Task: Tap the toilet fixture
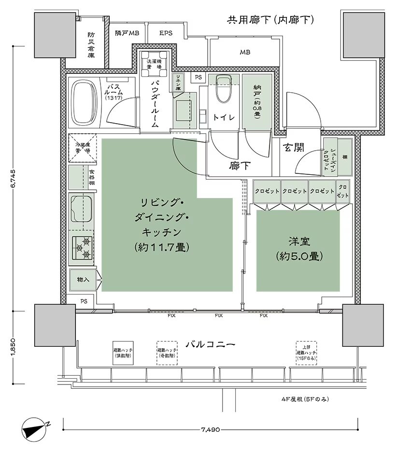[223, 89]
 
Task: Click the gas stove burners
[82, 248]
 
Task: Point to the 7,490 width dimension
[211, 428]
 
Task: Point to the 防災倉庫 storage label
[91, 45]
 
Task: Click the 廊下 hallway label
[240, 166]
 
